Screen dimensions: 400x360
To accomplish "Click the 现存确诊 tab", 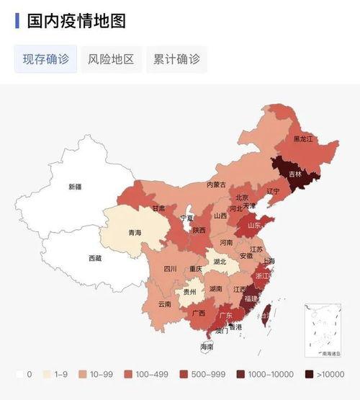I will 46,59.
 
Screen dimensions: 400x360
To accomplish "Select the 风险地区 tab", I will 112,59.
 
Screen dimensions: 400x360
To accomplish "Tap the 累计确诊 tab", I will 176,59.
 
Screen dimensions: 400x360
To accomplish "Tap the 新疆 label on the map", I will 75,187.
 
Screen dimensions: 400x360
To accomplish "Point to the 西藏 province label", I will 95,258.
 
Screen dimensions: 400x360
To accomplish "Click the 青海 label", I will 135,233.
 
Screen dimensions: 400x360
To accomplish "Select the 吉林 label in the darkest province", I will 295,174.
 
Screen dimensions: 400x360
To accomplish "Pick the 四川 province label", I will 170,269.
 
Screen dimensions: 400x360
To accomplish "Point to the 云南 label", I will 164,303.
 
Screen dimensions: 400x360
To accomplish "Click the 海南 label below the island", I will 207,347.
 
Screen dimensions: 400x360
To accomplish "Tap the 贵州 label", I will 189,292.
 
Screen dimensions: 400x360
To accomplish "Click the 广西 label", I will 198,314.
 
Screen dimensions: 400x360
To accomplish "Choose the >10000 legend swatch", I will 310,375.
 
